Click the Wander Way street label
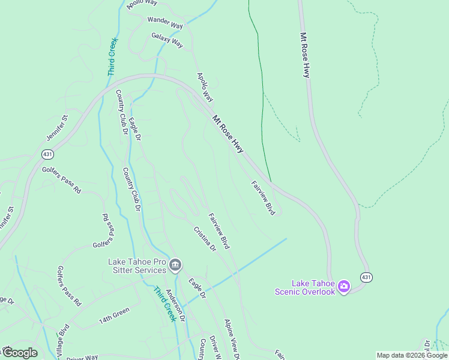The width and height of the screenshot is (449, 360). click(165, 23)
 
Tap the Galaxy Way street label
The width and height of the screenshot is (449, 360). click(167, 40)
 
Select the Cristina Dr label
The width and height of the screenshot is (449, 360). click(204, 238)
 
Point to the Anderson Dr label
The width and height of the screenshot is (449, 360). click(173, 305)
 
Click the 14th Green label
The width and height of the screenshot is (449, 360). click(114, 316)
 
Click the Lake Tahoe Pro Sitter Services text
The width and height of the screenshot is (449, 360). click(136, 266)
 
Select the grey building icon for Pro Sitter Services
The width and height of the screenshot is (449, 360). click(175, 265)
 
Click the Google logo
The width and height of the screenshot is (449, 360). click(20, 353)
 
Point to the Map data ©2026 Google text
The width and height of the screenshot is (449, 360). click(412, 355)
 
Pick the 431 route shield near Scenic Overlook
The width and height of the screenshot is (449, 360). click(366, 277)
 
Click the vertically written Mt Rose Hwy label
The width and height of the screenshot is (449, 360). click(305, 55)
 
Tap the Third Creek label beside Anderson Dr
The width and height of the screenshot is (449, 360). click(164, 304)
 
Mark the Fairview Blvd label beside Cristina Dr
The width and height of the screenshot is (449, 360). click(219, 231)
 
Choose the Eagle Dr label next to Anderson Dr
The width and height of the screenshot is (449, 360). click(197, 289)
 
